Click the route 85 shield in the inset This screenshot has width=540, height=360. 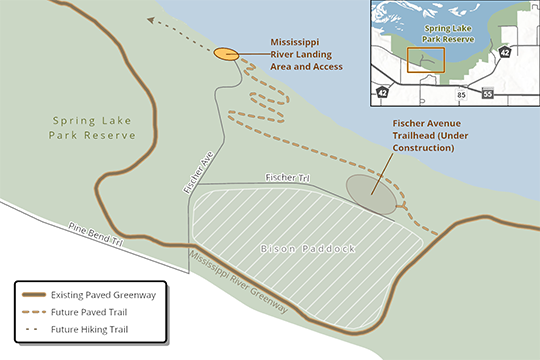point(460,93)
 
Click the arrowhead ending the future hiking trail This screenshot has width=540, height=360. point(149,19)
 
